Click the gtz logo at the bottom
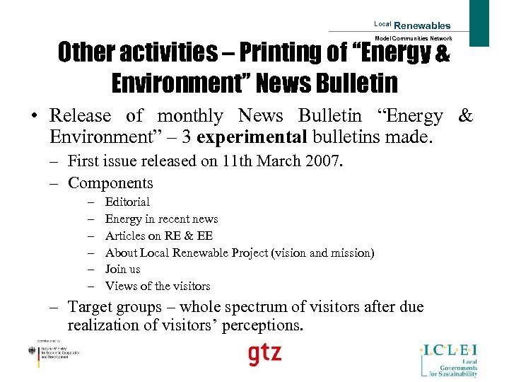click(264, 354)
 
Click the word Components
click(110, 183)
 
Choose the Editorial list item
click(127, 202)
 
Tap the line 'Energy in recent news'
click(161, 219)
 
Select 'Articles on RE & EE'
click(158, 236)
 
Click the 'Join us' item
click(122, 270)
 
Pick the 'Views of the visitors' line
click(158, 286)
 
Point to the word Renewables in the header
click(422, 26)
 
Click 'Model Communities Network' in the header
click(414, 38)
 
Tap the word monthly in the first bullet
click(190, 115)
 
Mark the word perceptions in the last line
click(262, 326)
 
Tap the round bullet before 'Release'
click(33, 116)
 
